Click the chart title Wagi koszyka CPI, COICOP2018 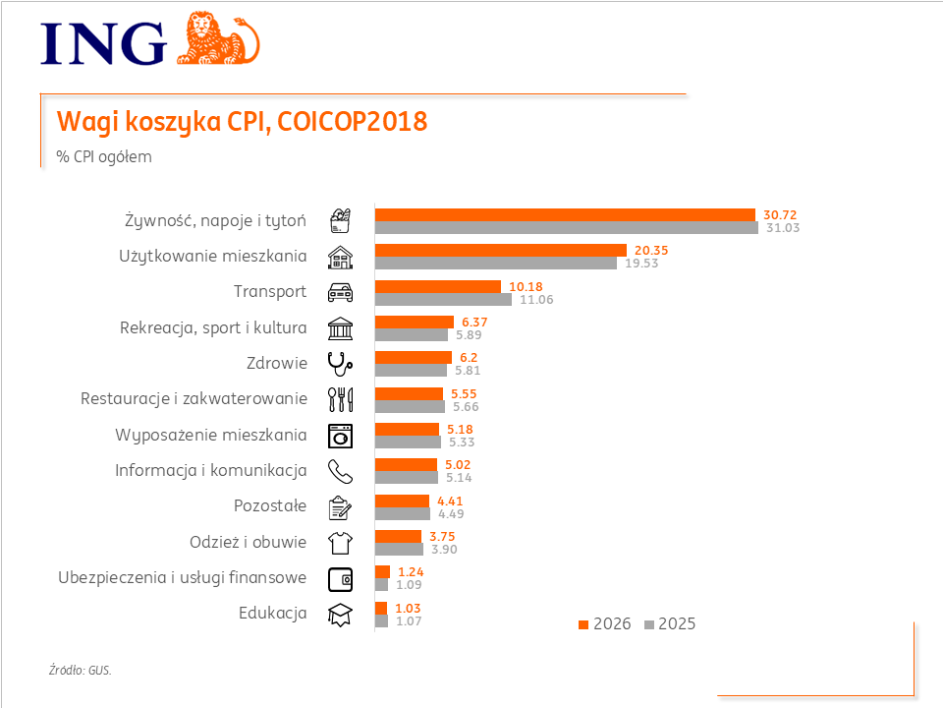(243, 122)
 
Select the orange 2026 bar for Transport (438, 286)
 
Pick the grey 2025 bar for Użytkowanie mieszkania (496, 264)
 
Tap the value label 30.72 (774, 214)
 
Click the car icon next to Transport (340, 292)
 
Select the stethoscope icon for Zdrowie (340, 364)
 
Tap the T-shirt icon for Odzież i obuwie (340, 542)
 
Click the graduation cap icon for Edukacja (340, 614)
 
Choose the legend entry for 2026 (605, 624)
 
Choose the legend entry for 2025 (670, 624)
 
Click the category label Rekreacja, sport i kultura (213, 327)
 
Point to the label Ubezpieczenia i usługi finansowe (182, 577)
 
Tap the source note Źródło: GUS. (81, 671)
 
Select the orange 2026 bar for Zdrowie (414, 357)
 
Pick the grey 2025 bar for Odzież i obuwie (399, 549)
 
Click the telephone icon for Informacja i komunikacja (340, 471)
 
